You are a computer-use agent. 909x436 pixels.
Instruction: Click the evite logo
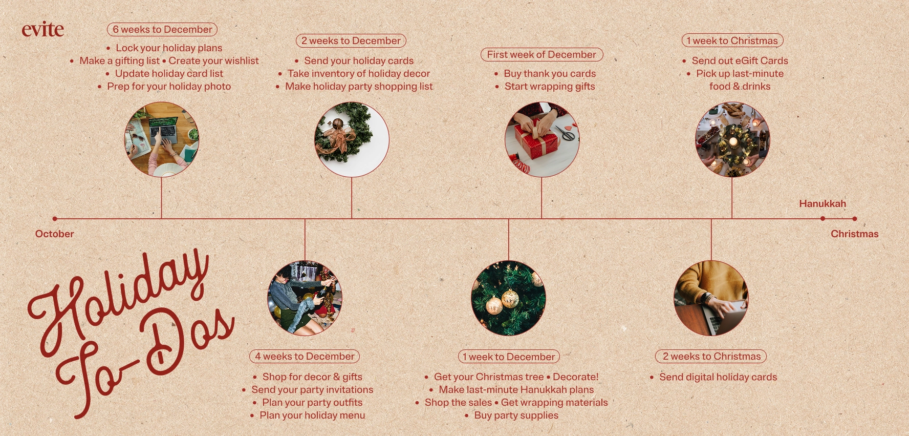point(43,30)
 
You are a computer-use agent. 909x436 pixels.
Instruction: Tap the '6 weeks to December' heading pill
point(162,30)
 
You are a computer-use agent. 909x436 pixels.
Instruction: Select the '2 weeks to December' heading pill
point(351,40)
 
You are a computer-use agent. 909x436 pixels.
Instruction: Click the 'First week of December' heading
point(542,54)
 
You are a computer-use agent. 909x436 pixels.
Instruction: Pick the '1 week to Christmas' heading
point(732,40)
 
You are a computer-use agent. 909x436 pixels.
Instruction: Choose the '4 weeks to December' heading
point(305,356)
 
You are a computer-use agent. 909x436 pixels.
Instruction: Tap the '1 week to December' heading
point(509,357)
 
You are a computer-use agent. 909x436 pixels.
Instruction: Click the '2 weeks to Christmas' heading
point(711,356)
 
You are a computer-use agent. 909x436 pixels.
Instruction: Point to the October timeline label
point(55,234)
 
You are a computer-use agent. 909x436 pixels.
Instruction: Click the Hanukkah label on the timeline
point(823,204)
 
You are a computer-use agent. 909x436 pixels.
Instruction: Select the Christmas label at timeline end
point(855,234)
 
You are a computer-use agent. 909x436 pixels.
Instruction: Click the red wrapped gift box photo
point(542,139)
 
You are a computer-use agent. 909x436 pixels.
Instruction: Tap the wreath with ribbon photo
point(352,139)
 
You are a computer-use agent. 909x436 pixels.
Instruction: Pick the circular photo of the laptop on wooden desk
point(162,139)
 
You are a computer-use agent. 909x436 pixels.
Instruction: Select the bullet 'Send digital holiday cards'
point(718,377)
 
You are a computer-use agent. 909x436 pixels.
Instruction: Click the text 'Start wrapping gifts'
point(550,87)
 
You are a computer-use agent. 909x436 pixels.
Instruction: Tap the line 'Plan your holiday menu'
point(312,416)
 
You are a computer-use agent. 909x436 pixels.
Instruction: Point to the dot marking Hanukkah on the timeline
point(823,219)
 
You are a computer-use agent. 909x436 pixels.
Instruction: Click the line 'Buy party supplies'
point(516,416)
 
